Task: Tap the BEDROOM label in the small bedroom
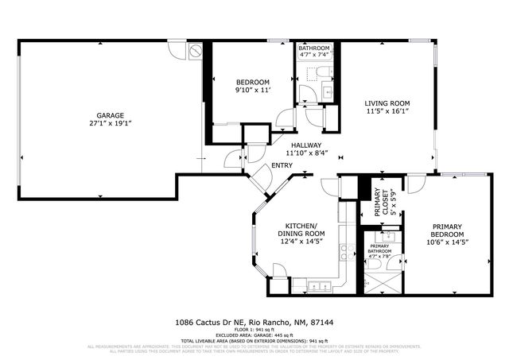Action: [x=253, y=82]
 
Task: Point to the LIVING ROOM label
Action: [x=387, y=103]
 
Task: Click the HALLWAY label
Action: [x=305, y=145]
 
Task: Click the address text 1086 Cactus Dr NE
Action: [x=208, y=323]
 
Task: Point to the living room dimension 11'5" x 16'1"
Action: [x=387, y=112]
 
